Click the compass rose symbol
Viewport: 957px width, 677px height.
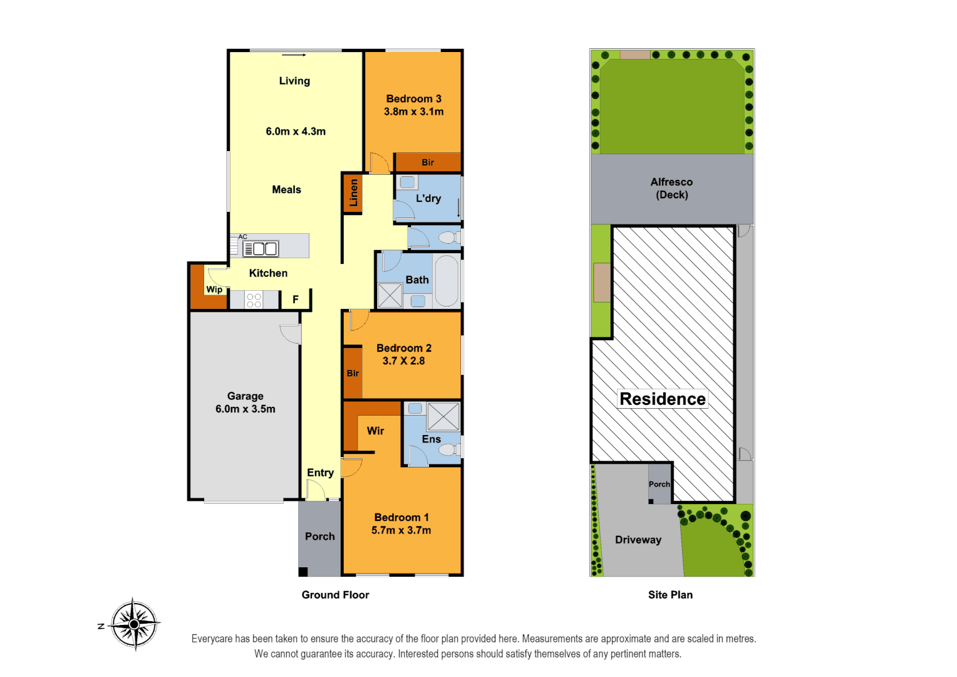135,624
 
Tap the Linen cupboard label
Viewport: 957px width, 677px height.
353,193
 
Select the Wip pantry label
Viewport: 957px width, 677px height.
214,290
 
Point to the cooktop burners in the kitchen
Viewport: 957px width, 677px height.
254,300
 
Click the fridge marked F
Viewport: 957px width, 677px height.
296,300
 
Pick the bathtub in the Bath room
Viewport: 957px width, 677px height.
447,280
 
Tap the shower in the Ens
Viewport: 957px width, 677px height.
443,416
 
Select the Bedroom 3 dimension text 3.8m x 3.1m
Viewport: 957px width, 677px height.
413,112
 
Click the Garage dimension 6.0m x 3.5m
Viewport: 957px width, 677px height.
245,409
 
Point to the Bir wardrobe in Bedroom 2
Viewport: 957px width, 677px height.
353,373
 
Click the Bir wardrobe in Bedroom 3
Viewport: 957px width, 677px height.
428,162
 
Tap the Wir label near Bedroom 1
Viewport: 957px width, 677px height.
375,431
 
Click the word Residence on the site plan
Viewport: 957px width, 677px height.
662,399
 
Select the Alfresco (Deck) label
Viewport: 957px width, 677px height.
671,188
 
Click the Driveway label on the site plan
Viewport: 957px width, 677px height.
638,540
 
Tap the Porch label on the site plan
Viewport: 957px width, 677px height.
659,484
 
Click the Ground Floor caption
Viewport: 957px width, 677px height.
335,595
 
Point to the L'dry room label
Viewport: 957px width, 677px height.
428,198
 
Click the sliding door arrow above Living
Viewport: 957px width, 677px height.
294,55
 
